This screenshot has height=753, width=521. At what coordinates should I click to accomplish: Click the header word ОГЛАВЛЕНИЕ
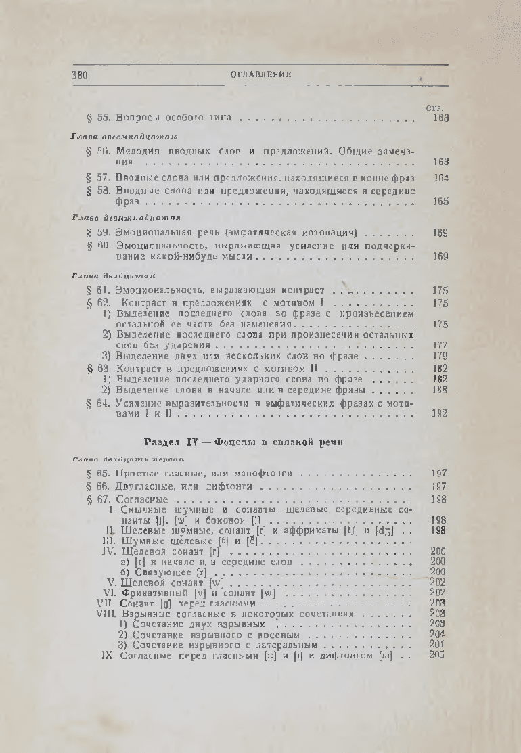260,74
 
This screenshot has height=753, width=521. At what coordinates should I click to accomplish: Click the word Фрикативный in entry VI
153,592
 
